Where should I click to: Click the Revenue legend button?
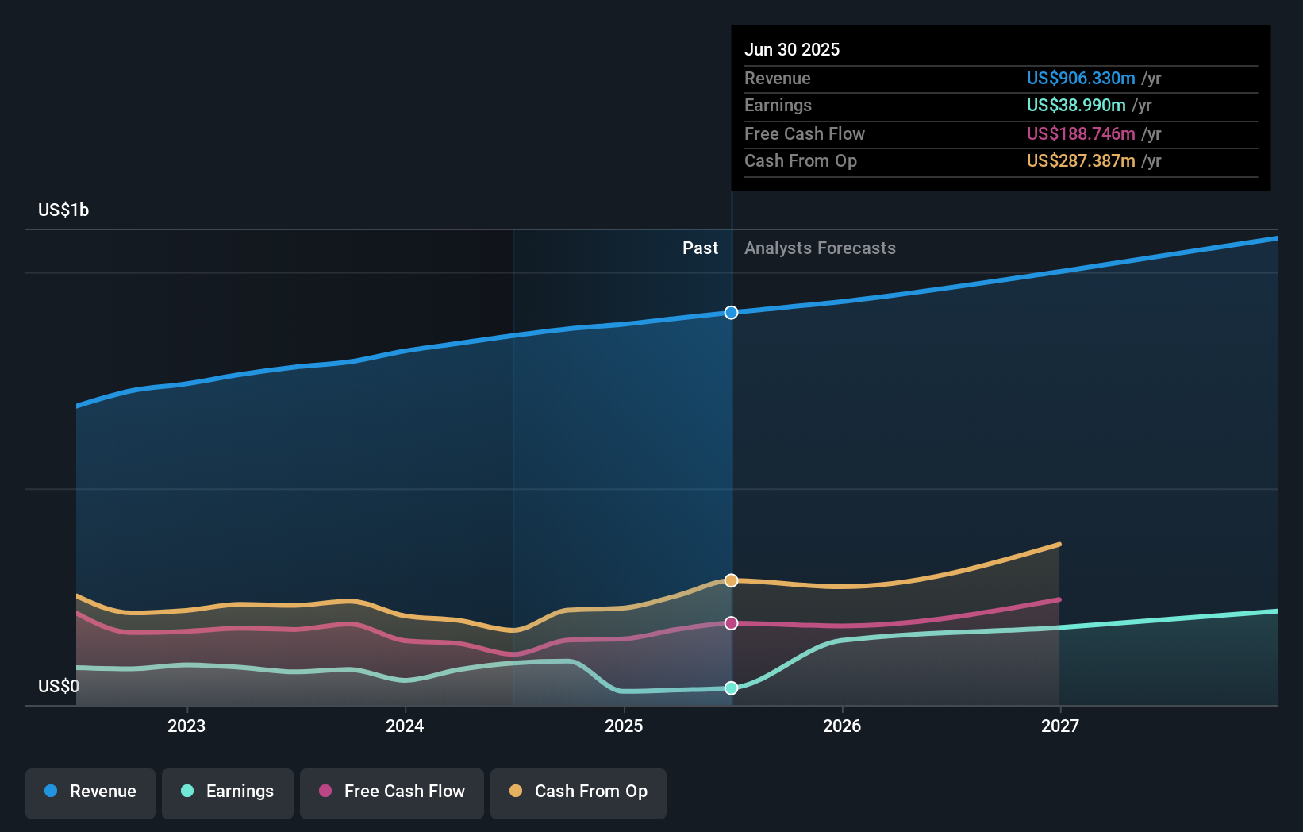[x=90, y=792]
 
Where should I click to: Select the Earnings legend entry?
[x=228, y=792]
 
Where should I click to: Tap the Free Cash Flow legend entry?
[x=392, y=792]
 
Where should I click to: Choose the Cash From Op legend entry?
[x=578, y=792]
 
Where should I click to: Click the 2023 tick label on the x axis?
[x=186, y=726]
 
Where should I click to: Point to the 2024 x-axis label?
[x=405, y=726]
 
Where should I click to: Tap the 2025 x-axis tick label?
[x=624, y=726]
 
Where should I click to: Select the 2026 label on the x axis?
[x=842, y=726]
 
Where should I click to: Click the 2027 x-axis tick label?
[x=1060, y=726]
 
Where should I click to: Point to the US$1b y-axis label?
[x=63, y=210]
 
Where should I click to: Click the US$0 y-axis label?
[x=59, y=686]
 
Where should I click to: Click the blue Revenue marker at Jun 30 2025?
[x=732, y=313]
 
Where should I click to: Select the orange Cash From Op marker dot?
[x=732, y=580]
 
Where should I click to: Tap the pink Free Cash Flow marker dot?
[x=732, y=623]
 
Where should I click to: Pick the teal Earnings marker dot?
[x=732, y=688]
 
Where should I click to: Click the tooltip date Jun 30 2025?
[x=792, y=49]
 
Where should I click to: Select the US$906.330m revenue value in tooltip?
[x=1081, y=78]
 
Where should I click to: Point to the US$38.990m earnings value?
[x=1076, y=105]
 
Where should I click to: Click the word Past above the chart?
[x=700, y=248]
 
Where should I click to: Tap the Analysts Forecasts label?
[x=820, y=248]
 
